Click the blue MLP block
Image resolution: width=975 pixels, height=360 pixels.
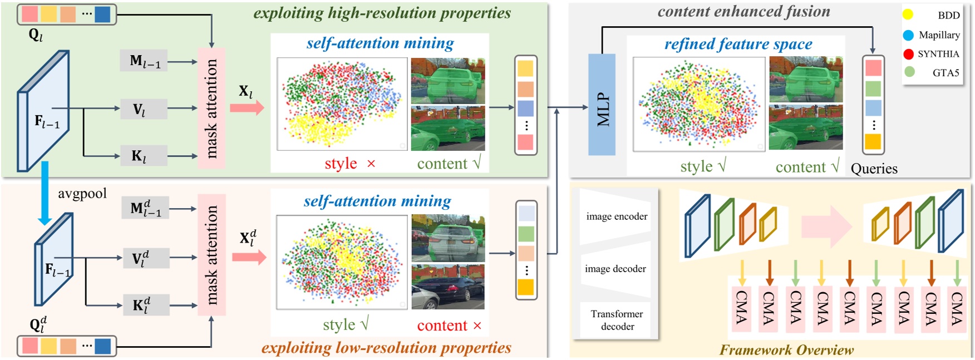(x=602, y=105)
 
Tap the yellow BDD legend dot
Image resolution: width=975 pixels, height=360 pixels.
(x=908, y=15)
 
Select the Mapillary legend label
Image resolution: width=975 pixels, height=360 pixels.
(x=939, y=35)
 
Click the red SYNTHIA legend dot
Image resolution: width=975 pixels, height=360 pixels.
(x=908, y=54)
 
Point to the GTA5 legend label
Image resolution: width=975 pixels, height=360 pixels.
(x=946, y=72)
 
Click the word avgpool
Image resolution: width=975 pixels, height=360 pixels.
(x=82, y=194)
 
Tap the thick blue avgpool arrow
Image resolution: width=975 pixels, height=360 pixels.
(x=45, y=193)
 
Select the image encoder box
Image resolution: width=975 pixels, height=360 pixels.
(x=617, y=216)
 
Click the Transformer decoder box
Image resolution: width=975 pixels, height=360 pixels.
(x=617, y=320)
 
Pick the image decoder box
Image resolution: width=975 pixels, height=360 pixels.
(x=615, y=269)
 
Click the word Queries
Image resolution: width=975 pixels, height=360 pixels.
(x=874, y=169)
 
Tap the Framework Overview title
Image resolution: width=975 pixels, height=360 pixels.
(x=786, y=350)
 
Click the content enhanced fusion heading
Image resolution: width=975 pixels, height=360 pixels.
(x=743, y=12)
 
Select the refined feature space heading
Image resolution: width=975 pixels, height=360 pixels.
(x=738, y=44)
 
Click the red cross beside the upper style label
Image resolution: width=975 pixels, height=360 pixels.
(x=371, y=164)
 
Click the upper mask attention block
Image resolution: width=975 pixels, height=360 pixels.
(x=211, y=108)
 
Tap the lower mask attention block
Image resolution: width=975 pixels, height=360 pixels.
(x=212, y=255)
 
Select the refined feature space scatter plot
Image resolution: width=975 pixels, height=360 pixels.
(x=699, y=104)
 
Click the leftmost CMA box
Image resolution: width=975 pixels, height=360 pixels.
(x=741, y=308)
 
